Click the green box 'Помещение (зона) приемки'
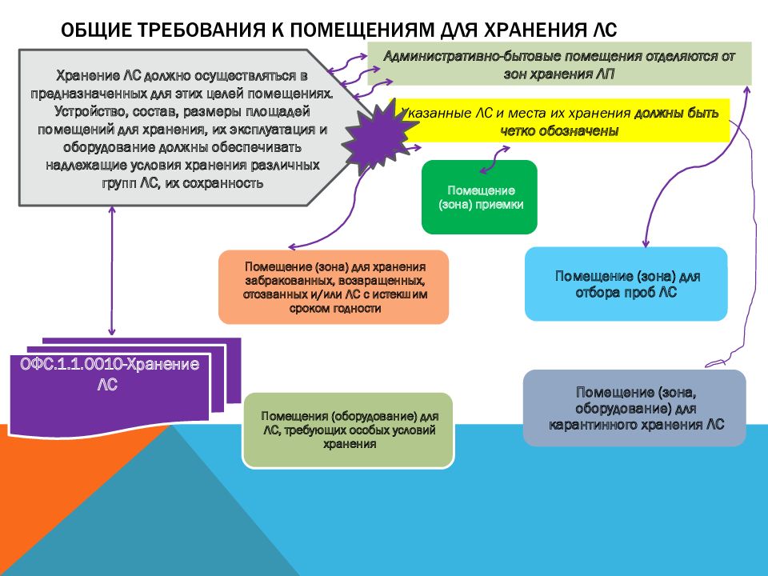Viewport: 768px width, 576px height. [x=479, y=197]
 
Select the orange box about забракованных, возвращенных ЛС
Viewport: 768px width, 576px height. [x=334, y=287]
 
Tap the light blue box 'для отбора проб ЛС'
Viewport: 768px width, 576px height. [x=626, y=284]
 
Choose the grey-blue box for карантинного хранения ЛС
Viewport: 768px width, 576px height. [x=634, y=408]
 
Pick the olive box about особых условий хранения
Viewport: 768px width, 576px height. [x=348, y=430]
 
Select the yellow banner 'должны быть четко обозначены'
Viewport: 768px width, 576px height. [x=560, y=121]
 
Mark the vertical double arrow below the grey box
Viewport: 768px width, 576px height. [x=112, y=270]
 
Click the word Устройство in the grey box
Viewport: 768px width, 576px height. [x=90, y=112]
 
